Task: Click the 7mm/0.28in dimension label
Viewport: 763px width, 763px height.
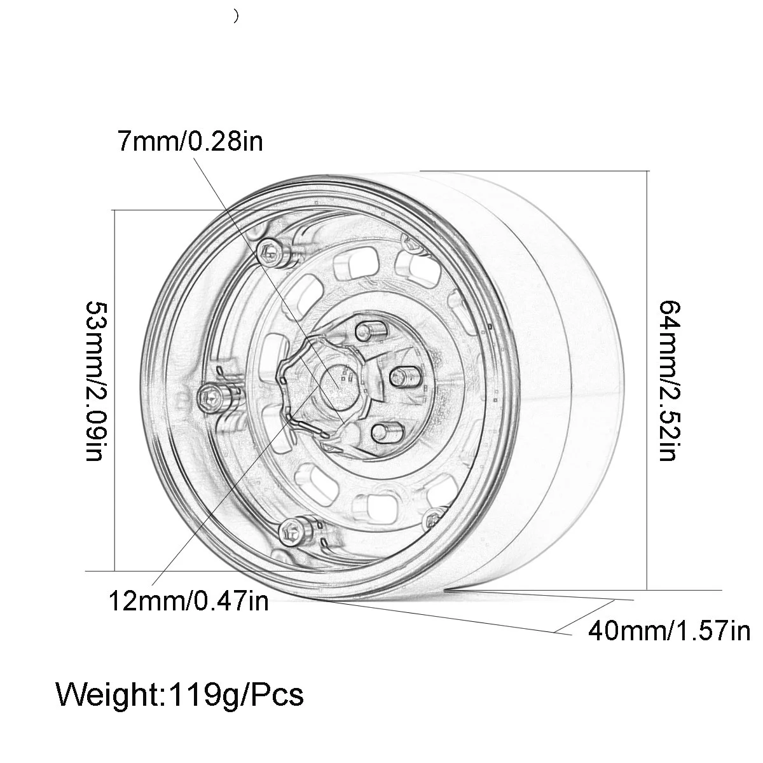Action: click(189, 141)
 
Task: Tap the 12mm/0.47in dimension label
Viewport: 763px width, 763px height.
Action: click(188, 600)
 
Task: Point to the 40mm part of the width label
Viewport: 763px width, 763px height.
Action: click(626, 631)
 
